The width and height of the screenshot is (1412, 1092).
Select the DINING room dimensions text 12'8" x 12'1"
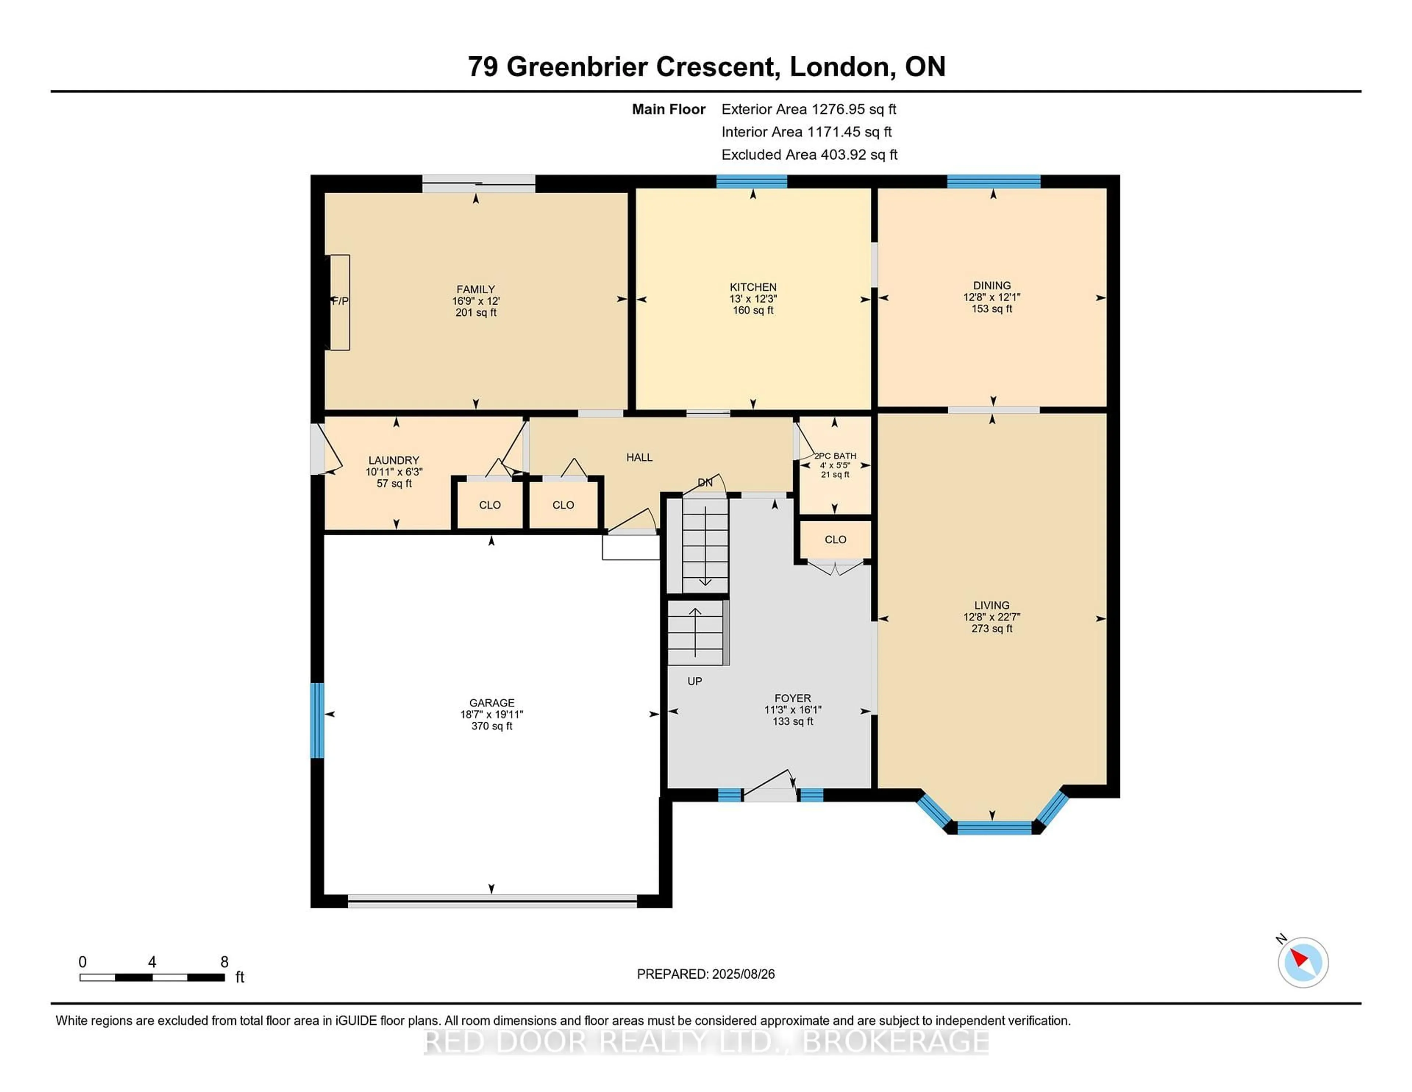[x=991, y=298]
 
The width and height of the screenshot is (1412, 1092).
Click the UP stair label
[x=694, y=681]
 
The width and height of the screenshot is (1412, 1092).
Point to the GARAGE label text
[x=491, y=703]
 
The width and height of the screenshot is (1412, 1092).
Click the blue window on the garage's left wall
[x=317, y=720]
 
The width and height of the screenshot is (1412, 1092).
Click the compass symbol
[x=1302, y=962]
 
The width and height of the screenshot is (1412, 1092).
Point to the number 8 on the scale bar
[x=224, y=962]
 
